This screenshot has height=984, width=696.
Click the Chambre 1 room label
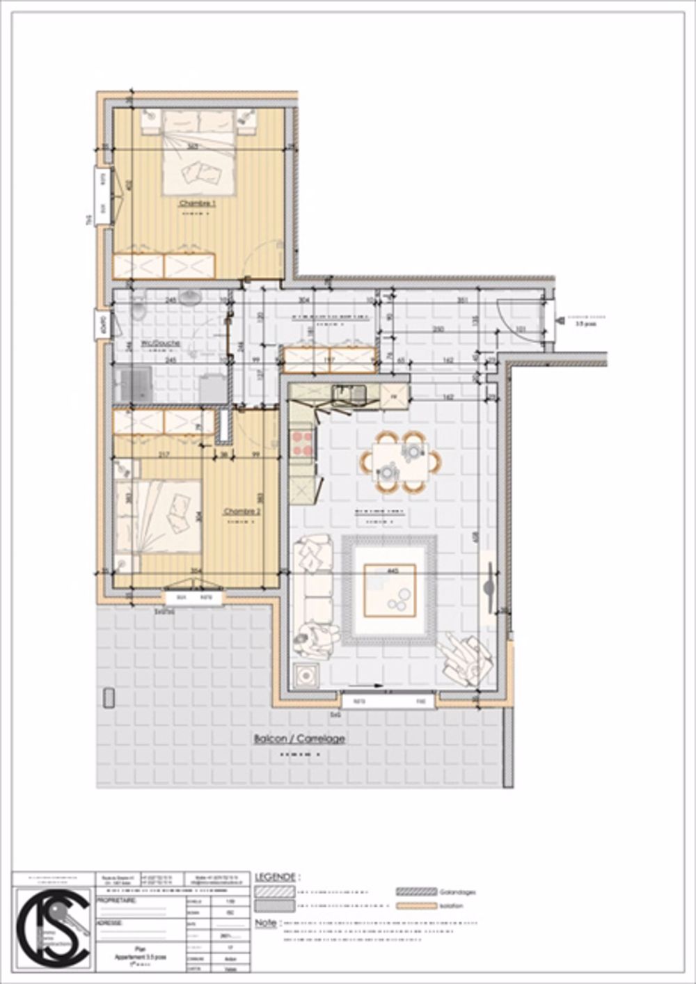tap(198, 203)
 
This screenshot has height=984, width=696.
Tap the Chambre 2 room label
tap(242, 511)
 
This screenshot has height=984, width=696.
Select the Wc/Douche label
tap(161, 343)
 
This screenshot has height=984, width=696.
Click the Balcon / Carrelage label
tap(299, 739)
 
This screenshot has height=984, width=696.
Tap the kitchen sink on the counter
tap(348, 394)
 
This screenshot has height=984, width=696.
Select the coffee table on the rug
tap(390, 591)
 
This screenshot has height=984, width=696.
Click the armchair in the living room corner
tap(466, 658)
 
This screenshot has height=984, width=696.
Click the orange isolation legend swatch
tap(416, 906)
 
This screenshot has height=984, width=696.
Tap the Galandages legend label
tap(457, 891)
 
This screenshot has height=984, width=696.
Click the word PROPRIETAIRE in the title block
tap(116, 900)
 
